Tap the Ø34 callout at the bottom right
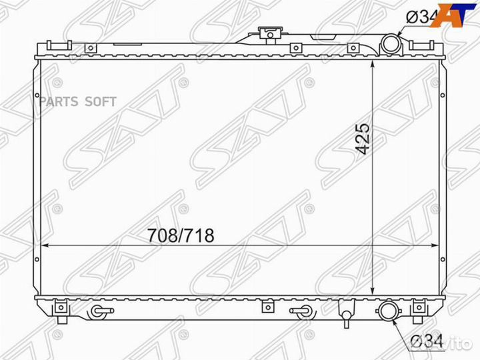[x=425, y=341]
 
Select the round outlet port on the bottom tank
[x=387, y=311]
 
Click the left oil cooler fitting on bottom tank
[x=99, y=311]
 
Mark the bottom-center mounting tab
[x=268, y=306]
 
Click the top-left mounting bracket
[x=58, y=45]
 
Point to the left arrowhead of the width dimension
[x=45, y=246]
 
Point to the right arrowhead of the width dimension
[x=437, y=246]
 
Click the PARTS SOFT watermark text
[x=79, y=101]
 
